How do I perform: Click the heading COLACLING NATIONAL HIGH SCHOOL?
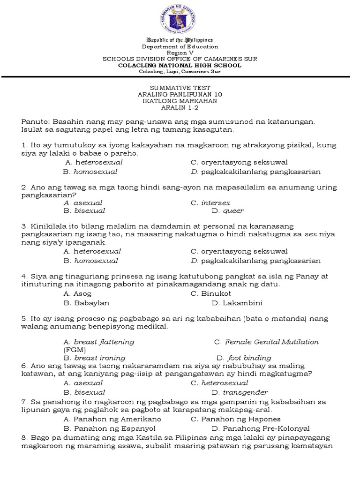point(180,65)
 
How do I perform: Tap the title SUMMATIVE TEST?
point(180,88)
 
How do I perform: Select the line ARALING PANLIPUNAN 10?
point(180,94)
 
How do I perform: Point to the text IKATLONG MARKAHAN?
point(180,101)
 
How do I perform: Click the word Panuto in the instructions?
point(35,121)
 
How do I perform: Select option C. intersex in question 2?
point(210,203)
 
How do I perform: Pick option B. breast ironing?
point(94,358)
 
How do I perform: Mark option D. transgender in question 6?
point(240,392)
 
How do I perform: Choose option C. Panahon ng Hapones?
point(235,419)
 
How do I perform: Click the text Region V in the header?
point(180,53)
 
